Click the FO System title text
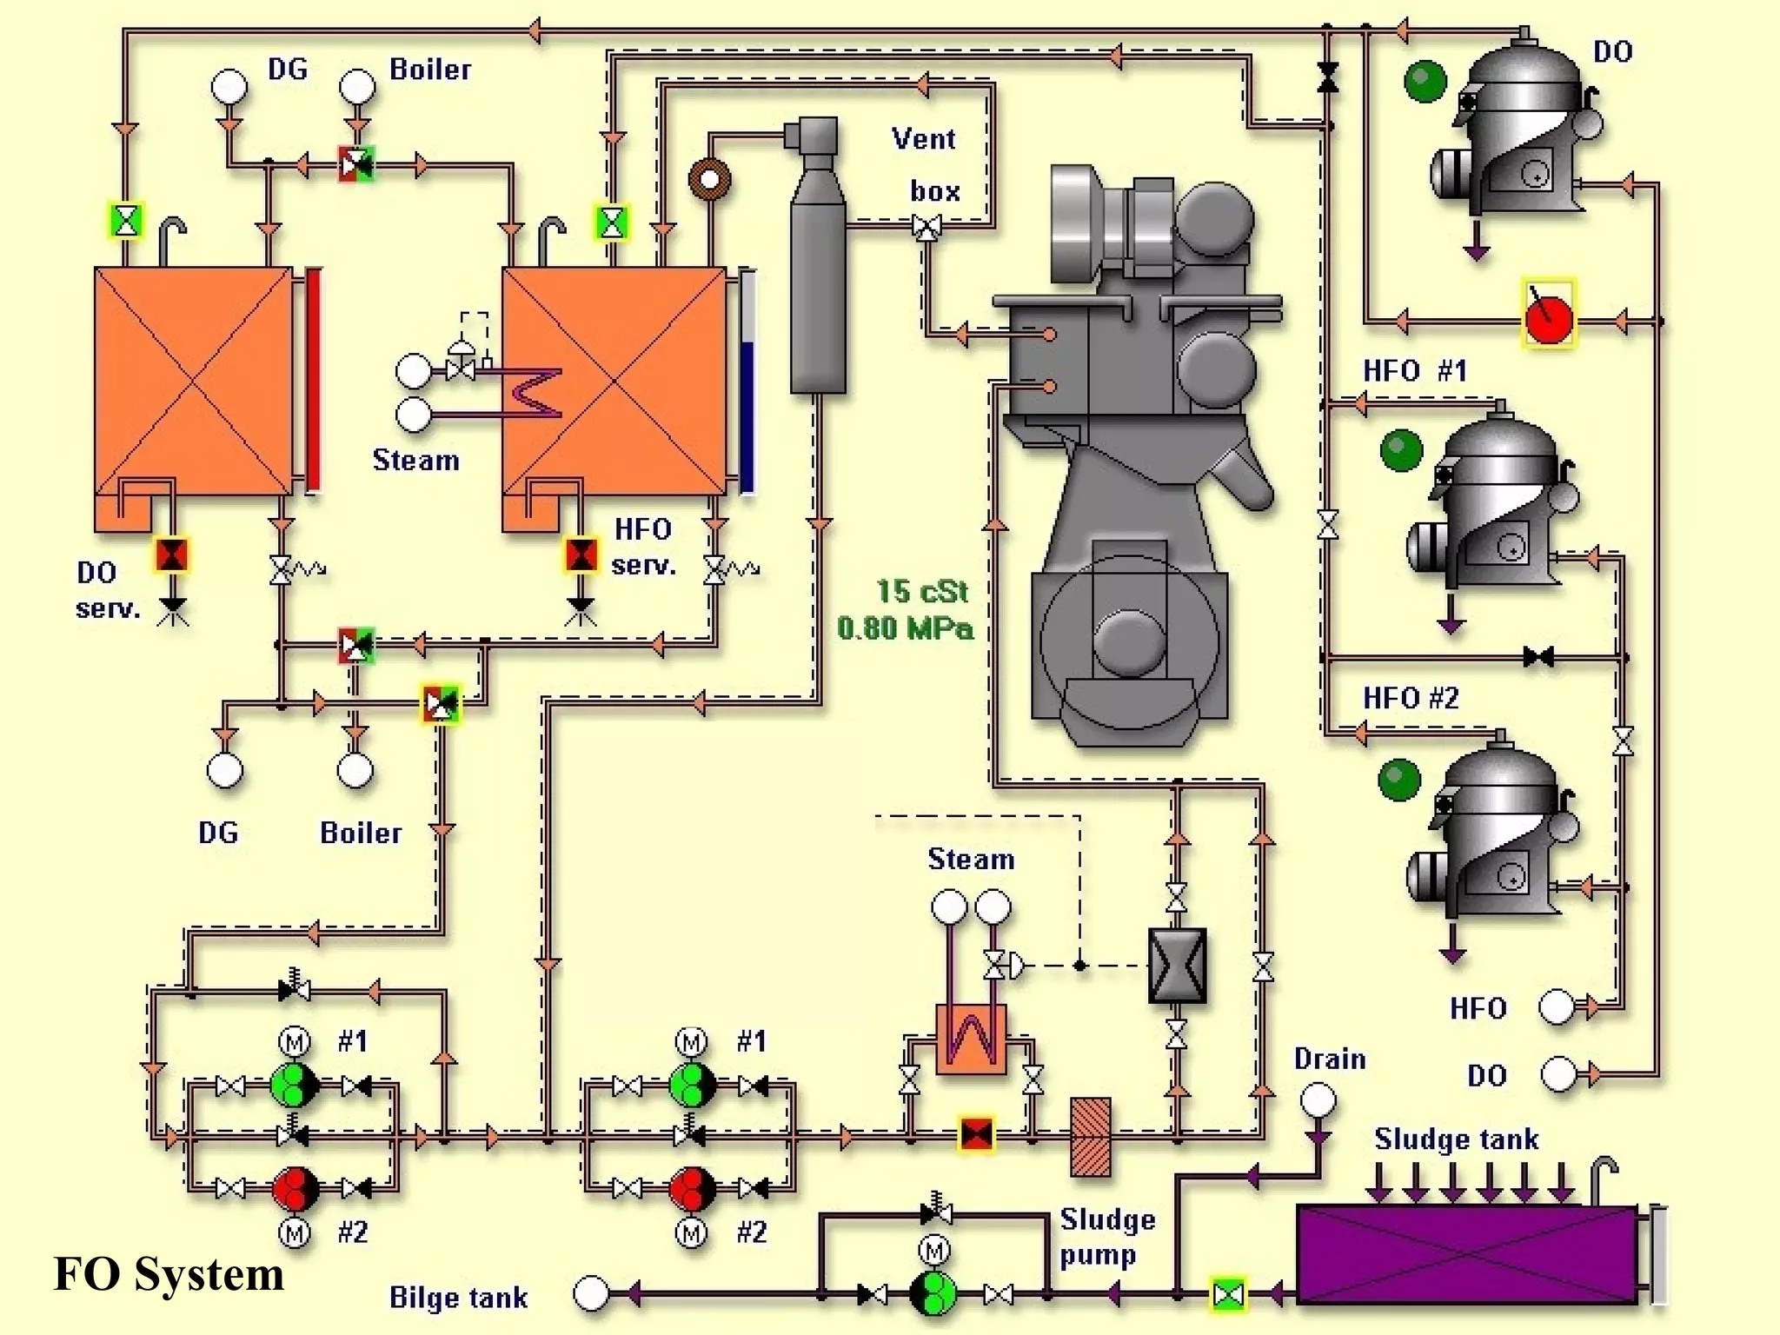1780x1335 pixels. click(169, 1274)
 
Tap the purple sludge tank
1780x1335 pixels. click(1466, 1254)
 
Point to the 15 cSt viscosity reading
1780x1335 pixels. click(921, 592)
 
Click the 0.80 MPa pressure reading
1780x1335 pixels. click(906, 628)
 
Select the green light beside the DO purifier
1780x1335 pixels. click(1425, 82)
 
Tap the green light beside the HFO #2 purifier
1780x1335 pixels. click(1399, 779)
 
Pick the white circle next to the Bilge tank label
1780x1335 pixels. click(591, 1293)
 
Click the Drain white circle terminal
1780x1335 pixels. click(1318, 1100)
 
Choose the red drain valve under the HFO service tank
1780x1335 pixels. click(581, 555)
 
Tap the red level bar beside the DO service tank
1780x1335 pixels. click(313, 381)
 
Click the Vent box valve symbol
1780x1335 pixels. click(927, 228)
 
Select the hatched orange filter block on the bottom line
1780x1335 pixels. click(1090, 1136)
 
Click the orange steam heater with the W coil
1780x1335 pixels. click(971, 1039)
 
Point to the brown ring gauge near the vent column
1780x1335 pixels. click(709, 180)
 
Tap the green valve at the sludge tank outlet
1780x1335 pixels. click(1228, 1295)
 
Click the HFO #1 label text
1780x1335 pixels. click(1414, 371)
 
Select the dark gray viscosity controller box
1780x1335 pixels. click(1177, 965)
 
